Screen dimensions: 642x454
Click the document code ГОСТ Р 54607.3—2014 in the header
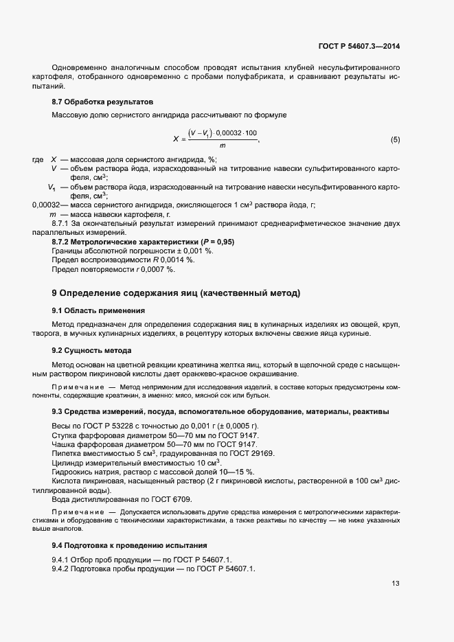coord(360,46)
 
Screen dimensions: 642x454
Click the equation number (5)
coord(395,139)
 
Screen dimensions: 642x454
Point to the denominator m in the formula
coord(222,146)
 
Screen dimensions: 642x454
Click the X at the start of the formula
coord(176,139)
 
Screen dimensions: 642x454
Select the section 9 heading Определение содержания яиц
coord(176,293)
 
